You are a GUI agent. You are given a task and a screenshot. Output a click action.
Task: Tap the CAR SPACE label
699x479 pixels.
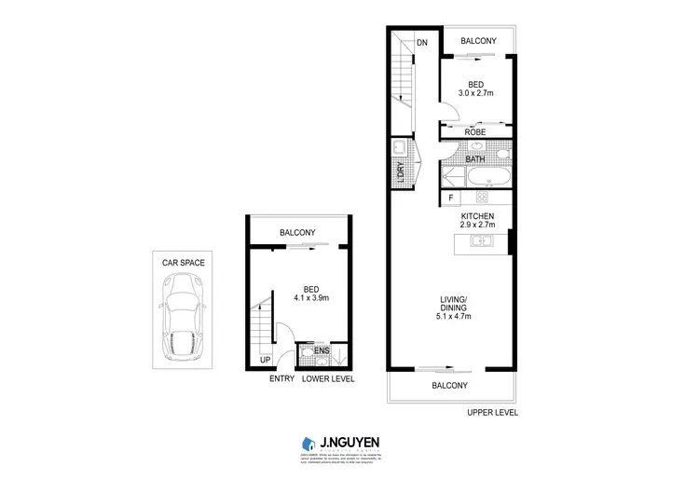(184, 263)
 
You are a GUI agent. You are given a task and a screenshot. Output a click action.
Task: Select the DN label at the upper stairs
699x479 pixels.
(422, 42)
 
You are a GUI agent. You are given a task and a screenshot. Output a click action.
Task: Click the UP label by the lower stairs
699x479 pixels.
(266, 360)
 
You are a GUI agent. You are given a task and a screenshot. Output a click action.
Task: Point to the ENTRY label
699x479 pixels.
(281, 379)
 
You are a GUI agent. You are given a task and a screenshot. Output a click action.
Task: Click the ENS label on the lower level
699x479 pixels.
(322, 351)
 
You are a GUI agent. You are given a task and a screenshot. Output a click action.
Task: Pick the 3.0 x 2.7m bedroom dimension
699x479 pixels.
(475, 93)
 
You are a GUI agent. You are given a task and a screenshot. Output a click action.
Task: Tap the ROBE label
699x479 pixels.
(476, 132)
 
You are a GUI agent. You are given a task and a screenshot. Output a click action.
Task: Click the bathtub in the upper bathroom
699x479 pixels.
(488, 177)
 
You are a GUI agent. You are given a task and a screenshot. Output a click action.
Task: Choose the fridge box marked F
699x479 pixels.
(451, 198)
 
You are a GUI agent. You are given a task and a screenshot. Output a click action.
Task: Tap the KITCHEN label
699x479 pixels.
(475, 216)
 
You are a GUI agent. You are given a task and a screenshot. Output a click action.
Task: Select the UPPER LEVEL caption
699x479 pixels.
(491, 413)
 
